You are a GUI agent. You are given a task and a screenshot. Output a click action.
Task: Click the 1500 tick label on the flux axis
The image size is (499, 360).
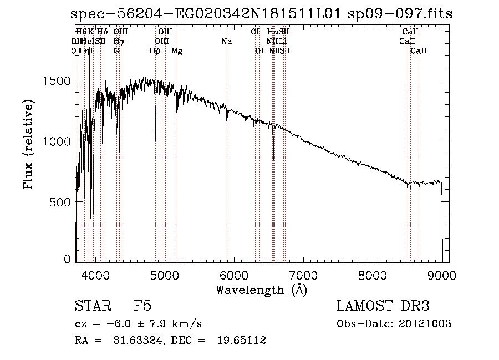pos(57,81)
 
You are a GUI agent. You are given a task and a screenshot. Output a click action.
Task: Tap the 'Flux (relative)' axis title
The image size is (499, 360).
pos(29,145)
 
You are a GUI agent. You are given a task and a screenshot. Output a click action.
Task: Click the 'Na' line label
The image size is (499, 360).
pos(226,41)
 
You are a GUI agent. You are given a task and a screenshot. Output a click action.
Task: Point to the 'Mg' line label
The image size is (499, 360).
pos(177,51)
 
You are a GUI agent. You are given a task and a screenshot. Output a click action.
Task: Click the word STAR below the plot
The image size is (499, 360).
pos(92,307)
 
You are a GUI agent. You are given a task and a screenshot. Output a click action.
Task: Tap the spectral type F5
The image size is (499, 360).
pos(142,307)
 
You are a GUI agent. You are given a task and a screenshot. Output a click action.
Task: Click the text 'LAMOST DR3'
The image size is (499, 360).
pos(383,307)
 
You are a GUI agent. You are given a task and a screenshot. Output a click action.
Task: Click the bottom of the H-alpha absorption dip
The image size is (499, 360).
pos(273,159)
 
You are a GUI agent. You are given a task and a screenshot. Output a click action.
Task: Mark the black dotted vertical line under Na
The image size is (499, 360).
pos(227,166)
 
